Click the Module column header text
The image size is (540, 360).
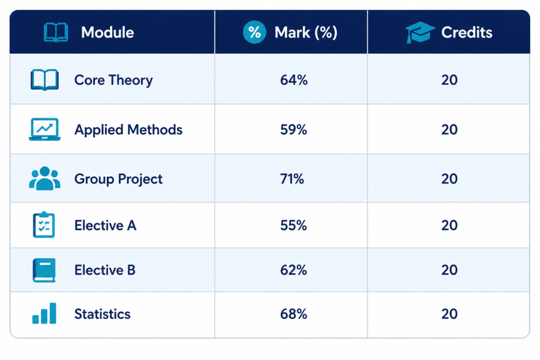click(108, 32)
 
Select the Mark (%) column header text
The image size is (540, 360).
click(306, 33)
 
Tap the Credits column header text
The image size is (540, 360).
click(467, 32)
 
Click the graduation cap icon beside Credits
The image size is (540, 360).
click(420, 32)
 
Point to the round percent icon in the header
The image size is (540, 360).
click(255, 32)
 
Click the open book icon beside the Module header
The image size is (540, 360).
click(56, 32)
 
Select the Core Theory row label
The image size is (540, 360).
click(113, 80)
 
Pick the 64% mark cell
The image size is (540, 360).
click(294, 80)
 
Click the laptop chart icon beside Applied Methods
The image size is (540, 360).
click(45, 130)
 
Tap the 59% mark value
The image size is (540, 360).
click(293, 130)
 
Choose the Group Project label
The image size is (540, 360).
click(118, 179)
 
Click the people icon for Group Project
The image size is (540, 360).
click(45, 178)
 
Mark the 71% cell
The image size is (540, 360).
click(292, 179)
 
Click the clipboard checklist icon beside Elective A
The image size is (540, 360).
click(44, 225)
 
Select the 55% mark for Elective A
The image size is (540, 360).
click(293, 226)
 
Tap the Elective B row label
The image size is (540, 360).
click(105, 270)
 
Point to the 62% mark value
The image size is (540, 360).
click(293, 270)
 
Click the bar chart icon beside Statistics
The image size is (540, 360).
click(44, 313)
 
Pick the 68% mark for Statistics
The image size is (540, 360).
click(293, 314)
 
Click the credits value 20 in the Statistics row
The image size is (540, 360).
click(449, 314)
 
